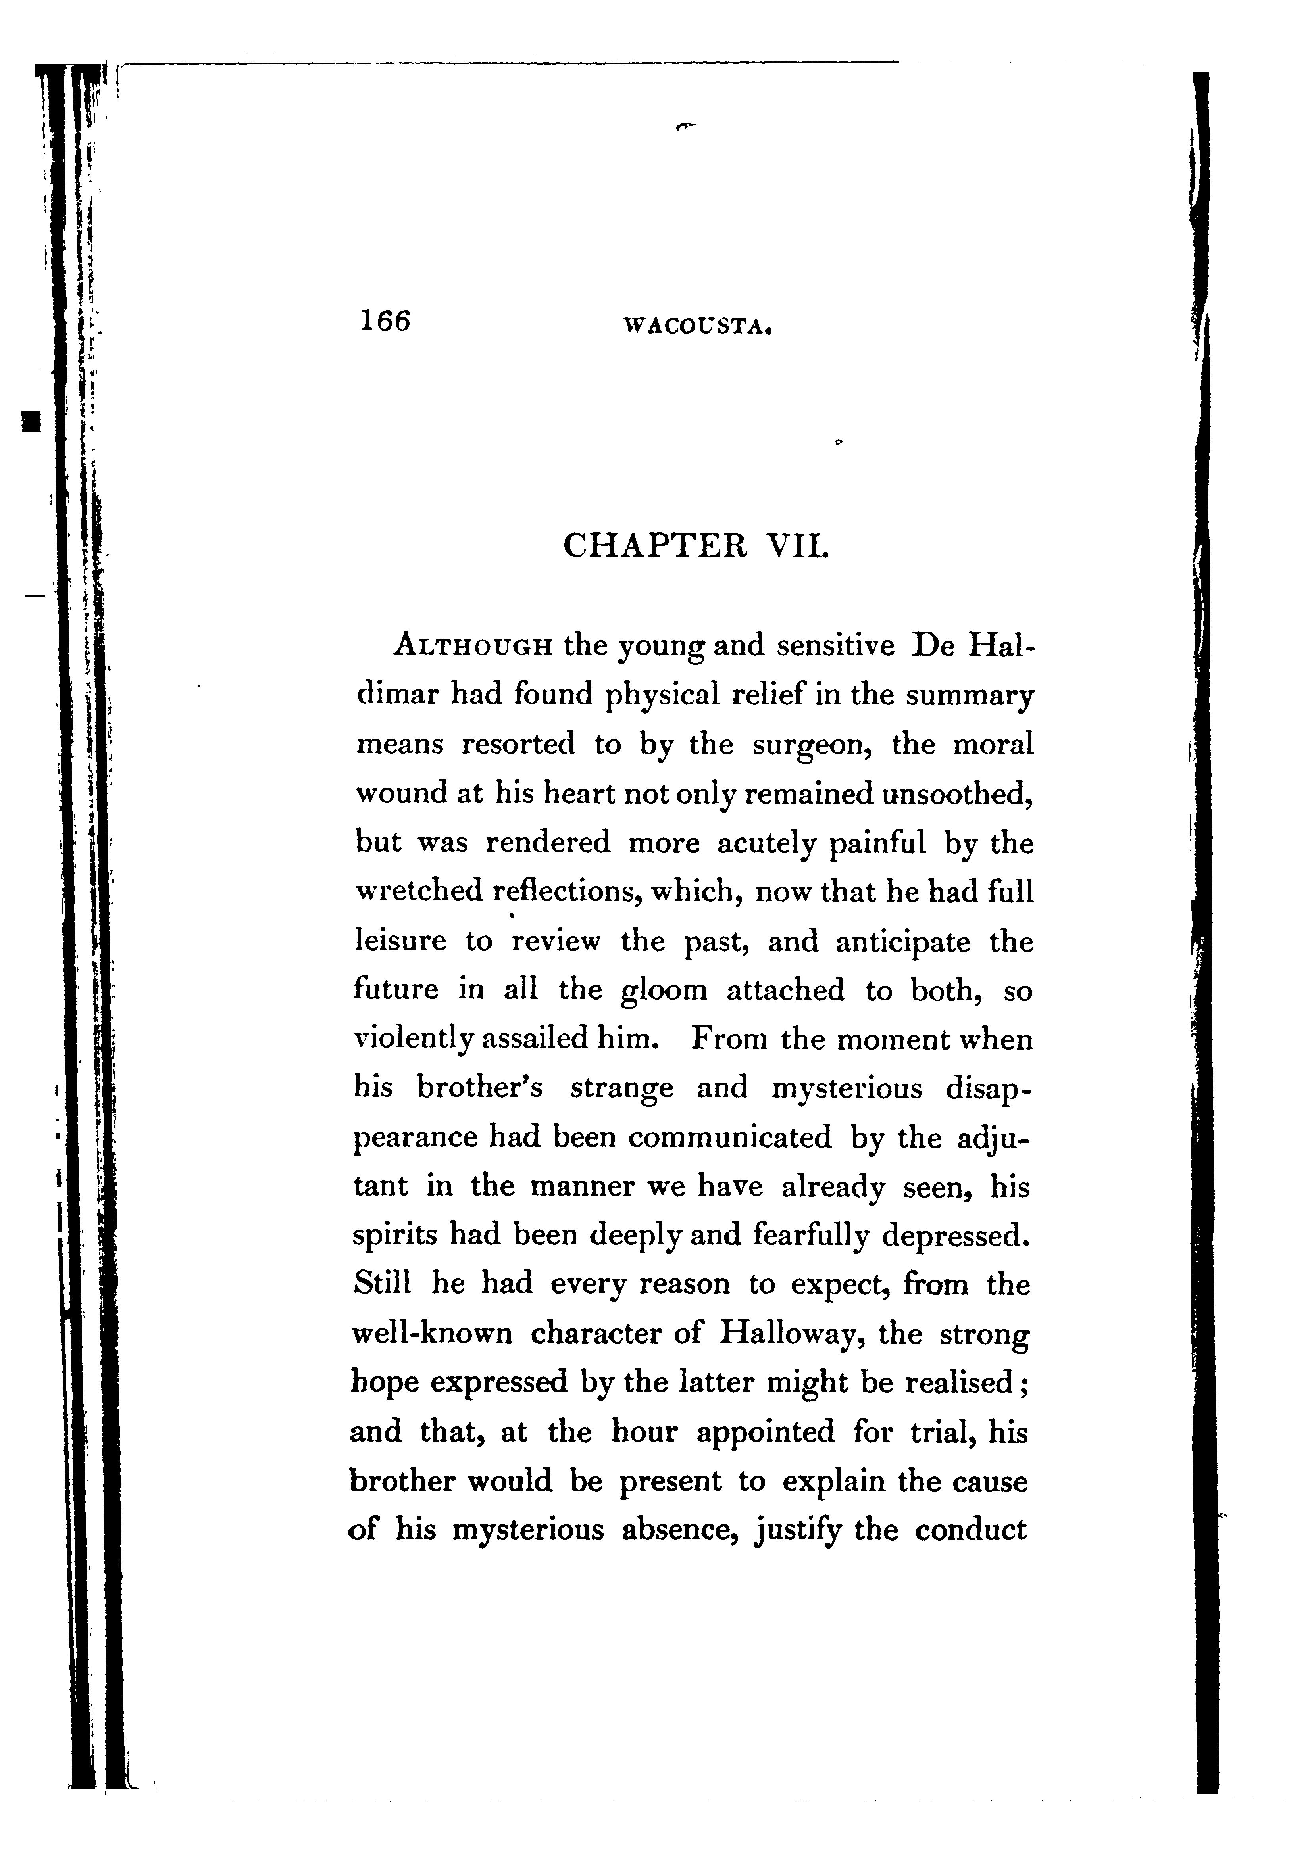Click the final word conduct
971,1531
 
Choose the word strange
621,1089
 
